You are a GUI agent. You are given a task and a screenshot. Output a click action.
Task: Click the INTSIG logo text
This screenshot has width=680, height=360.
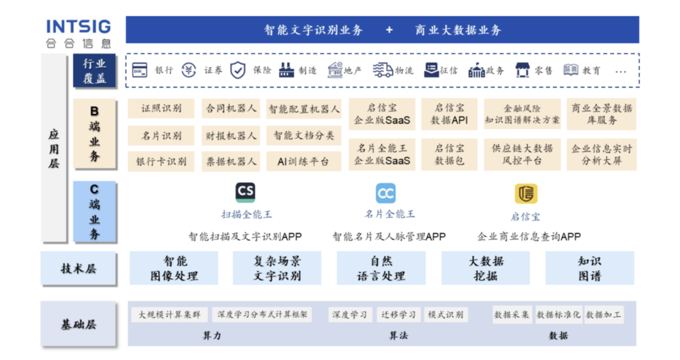[x=79, y=26]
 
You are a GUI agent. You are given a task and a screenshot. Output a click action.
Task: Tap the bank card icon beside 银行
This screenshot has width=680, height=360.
[x=140, y=70]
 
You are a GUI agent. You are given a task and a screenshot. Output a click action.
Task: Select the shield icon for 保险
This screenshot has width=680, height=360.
[x=237, y=70]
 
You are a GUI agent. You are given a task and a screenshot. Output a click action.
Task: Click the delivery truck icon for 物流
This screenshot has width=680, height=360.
[x=383, y=70]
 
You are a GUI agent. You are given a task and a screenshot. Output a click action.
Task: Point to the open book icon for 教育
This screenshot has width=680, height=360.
[x=570, y=69]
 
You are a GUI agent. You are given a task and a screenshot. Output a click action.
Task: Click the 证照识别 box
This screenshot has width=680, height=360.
[x=161, y=108]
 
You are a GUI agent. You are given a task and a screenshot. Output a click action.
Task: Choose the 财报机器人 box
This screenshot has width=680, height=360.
[x=230, y=136]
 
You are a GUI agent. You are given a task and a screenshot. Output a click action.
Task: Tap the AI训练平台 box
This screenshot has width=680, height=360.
[x=303, y=161]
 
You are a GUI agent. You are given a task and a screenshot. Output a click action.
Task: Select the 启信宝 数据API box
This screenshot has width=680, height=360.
[x=450, y=114]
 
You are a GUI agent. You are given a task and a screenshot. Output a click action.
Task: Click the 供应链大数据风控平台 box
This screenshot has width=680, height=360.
[x=522, y=154]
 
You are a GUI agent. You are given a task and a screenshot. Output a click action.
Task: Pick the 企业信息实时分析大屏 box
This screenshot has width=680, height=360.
[x=601, y=154]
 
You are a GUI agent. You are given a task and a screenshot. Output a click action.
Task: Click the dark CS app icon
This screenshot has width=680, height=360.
[x=246, y=192]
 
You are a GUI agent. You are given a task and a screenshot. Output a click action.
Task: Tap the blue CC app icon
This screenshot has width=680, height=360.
[x=385, y=193]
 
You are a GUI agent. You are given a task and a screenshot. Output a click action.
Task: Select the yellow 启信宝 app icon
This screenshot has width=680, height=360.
[x=526, y=193]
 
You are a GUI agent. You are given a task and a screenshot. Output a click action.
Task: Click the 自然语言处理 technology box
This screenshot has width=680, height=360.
[x=381, y=268]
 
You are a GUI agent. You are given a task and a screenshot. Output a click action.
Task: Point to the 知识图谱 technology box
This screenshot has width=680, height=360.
[x=590, y=268]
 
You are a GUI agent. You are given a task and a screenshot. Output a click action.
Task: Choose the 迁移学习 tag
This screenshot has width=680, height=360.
[x=398, y=315]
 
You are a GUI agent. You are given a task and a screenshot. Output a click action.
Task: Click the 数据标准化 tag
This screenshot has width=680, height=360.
[x=558, y=315]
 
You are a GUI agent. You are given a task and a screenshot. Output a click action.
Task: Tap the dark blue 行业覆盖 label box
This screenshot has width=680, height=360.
[x=94, y=70]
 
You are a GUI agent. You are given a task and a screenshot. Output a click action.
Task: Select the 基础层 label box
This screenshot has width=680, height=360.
[x=79, y=324]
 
